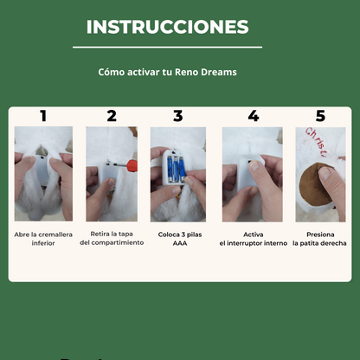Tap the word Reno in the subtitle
(x=188, y=73)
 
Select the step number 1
(x=43, y=116)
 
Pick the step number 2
(x=112, y=116)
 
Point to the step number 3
(x=178, y=116)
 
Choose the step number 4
(x=253, y=116)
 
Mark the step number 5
(x=320, y=116)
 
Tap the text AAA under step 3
(x=179, y=243)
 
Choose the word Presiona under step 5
(x=320, y=235)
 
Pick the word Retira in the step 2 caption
(x=100, y=235)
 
